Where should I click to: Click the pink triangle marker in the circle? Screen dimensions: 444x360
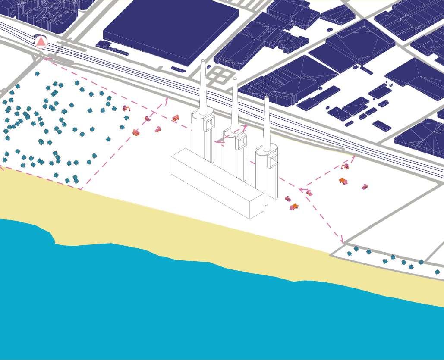click(41, 41)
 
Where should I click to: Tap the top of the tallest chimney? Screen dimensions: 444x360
click(203, 61)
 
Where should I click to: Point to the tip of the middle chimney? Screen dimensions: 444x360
click(235, 79)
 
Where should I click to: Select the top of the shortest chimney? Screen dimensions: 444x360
click(266, 98)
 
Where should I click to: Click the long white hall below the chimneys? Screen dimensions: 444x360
click(217, 183)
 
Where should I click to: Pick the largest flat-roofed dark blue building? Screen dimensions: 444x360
click(170, 30)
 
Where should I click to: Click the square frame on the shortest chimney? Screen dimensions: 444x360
click(273, 161)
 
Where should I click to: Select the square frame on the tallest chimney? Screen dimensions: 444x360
click(208, 123)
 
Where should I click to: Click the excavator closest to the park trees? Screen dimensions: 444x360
click(126, 108)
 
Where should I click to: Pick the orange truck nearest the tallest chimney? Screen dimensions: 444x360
click(176, 118)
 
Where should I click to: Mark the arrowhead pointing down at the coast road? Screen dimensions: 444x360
click(343, 240)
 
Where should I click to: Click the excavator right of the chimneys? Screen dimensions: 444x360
click(344, 166)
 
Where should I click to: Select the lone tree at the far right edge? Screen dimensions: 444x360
click(437, 272)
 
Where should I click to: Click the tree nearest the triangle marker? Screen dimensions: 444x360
click(38, 74)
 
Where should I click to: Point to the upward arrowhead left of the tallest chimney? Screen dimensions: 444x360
click(166, 100)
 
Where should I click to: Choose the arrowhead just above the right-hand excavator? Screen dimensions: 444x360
click(353, 158)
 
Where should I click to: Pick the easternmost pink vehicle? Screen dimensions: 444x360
click(365, 187)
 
